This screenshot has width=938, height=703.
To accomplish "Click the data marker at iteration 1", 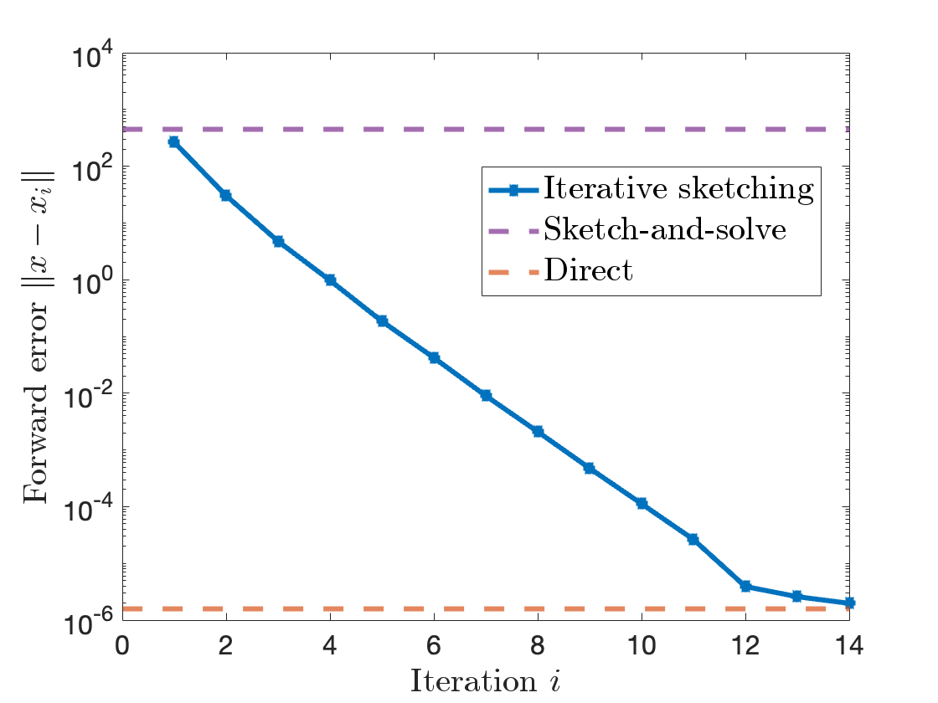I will (x=173, y=142).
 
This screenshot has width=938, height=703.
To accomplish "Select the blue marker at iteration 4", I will (x=330, y=280).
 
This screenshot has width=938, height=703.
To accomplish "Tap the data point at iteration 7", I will (x=486, y=395).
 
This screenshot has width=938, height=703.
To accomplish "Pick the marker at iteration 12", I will (x=745, y=586).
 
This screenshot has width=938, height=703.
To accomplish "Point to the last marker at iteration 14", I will (x=849, y=603).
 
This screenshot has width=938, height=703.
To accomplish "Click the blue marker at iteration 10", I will (x=642, y=504).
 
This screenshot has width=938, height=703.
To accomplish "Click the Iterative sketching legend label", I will (x=678, y=188).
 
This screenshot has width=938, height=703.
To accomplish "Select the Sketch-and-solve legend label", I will (x=665, y=228).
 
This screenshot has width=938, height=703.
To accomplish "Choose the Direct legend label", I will (x=588, y=269).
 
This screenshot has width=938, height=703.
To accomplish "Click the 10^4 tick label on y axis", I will (x=93, y=55).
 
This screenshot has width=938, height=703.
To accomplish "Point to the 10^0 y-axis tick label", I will (x=93, y=282).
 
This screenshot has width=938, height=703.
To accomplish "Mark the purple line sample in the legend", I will (x=513, y=229).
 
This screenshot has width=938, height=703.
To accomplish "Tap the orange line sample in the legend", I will (x=513, y=270).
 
